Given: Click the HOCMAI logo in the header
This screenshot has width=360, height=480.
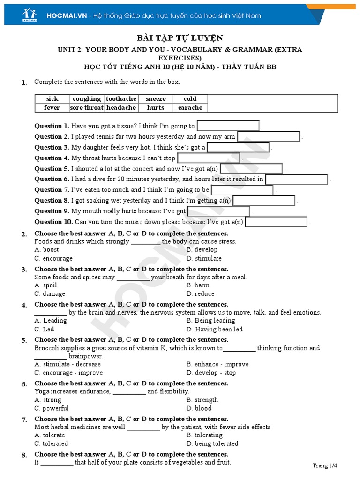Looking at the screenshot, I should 30,15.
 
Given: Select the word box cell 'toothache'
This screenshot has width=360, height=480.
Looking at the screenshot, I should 121,99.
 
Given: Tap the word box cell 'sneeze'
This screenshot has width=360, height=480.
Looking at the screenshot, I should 156,99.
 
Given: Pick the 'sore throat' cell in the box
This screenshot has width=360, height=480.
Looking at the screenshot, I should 87,107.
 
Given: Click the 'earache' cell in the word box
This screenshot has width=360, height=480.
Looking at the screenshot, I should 190,107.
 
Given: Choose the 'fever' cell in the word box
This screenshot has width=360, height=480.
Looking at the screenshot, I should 52,107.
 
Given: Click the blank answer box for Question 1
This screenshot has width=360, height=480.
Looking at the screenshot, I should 228,126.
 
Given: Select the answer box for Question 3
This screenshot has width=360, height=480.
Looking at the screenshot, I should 238,147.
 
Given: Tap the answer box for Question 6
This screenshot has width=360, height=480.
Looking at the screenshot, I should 297,179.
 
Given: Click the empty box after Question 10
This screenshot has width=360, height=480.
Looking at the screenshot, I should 276,222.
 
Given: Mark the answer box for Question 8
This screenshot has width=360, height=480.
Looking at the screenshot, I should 263,201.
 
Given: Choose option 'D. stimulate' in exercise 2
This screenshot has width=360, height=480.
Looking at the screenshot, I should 204,258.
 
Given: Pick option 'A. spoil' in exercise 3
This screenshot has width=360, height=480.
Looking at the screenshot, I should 46,285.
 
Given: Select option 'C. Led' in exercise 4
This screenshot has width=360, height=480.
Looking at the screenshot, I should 45,329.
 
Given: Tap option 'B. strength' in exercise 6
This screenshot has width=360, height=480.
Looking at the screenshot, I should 202,400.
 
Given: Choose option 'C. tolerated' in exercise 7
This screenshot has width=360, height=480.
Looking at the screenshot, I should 52,443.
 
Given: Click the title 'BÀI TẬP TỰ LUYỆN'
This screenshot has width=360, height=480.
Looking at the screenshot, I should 180,38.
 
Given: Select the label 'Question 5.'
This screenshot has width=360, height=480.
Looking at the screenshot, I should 52,169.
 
